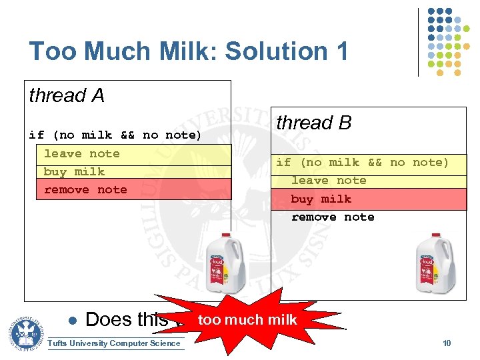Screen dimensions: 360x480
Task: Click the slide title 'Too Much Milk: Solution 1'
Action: (x=189, y=51)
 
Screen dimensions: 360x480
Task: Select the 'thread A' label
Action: (x=67, y=96)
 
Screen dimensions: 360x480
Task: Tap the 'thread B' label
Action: (x=313, y=123)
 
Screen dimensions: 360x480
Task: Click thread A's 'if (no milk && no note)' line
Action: (x=115, y=135)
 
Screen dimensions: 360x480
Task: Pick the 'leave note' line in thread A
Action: (x=81, y=154)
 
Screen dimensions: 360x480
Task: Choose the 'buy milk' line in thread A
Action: (x=74, y=172)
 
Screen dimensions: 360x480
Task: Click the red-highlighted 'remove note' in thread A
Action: (x=85, y=190)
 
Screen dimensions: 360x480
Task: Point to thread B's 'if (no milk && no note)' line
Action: (x=363, y=163)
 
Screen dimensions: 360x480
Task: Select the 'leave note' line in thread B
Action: (x=329, y=181)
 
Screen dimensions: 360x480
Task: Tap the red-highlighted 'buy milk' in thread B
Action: (x=321, y=199)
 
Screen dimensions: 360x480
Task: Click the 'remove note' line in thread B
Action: (x=333, y=217)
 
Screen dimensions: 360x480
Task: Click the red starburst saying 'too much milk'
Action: (x=247, y=320)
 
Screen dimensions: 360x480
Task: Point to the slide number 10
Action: (x=447, y=343)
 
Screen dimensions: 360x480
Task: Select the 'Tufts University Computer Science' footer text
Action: (x=115, y=343)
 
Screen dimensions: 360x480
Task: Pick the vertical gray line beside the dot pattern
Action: (x=419, y=41)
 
